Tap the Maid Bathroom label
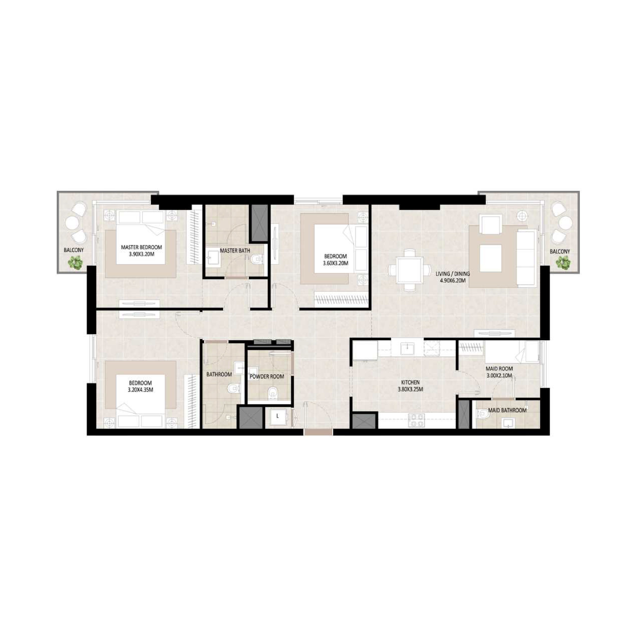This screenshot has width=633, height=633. point(507,410)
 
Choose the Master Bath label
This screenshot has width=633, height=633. point(235,251)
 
